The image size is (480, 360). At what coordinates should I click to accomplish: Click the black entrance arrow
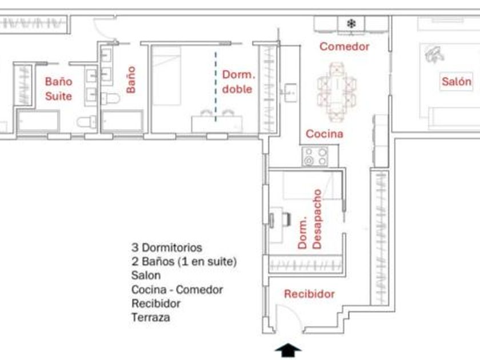288,350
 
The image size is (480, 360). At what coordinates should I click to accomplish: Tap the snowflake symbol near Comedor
351,23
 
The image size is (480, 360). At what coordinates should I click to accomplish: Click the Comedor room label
345,46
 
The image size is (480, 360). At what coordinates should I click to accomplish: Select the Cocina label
325,134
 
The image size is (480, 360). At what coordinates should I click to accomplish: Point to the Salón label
457,81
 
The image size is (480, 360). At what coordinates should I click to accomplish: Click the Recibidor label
309,294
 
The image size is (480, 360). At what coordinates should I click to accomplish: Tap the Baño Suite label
58,89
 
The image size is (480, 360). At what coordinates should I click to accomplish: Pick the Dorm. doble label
238,82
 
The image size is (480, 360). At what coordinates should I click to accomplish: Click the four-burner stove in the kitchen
315,156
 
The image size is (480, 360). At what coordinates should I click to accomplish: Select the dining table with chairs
337,92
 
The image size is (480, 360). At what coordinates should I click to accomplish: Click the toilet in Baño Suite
87,122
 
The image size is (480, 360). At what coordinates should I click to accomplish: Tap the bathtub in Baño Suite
38,121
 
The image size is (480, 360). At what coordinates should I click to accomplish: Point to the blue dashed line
215,87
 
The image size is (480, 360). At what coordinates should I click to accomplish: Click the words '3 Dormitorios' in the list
167,247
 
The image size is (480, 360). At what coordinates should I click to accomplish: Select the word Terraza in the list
151,317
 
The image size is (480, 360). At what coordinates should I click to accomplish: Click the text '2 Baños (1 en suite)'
184,262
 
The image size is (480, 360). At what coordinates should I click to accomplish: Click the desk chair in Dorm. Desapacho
286,219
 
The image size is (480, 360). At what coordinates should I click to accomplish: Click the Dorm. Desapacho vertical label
310,219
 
